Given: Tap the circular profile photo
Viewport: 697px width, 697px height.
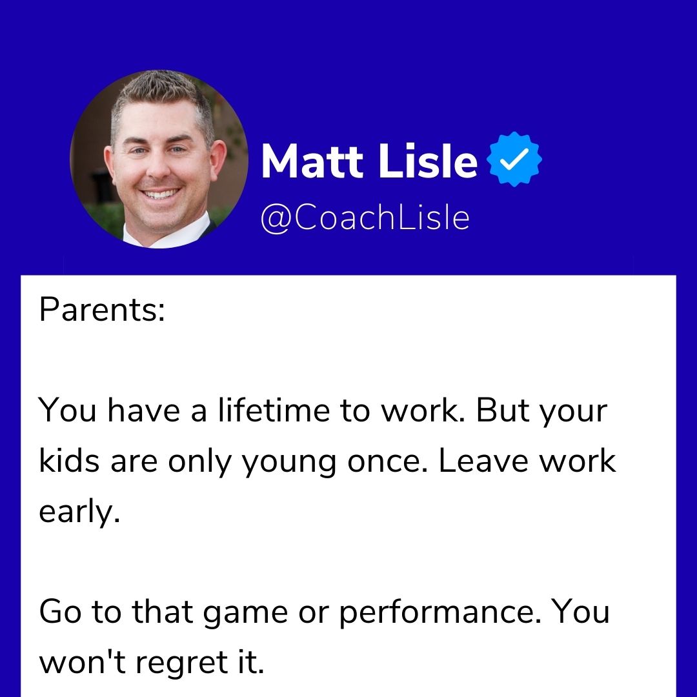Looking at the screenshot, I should [x=159, y=159].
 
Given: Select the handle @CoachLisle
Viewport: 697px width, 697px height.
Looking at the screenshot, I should [x=365, y=217].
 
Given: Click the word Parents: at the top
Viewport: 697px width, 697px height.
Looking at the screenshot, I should [x=102, y=310].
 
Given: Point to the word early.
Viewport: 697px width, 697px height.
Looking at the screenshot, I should [x=79, y=514].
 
